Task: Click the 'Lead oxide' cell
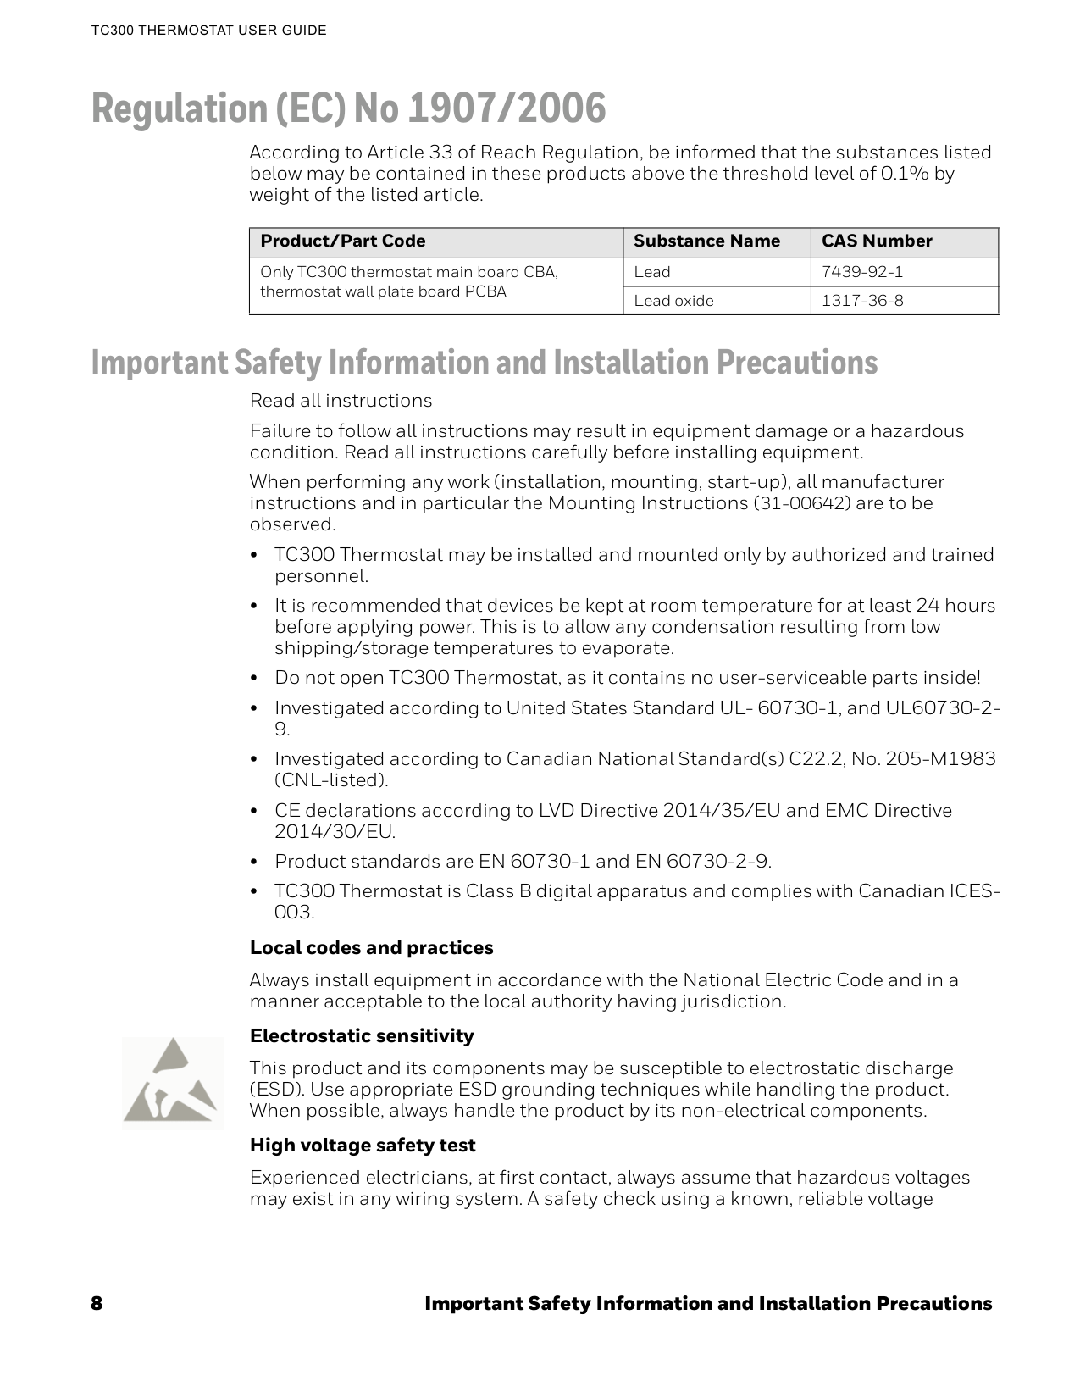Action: click(673, 301)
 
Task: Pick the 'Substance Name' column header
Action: click(706, 241)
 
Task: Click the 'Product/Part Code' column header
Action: click(342, 241)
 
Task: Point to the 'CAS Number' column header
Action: click(877, 241)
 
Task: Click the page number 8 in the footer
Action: click(97, 1303)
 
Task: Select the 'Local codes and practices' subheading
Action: click(371, 948)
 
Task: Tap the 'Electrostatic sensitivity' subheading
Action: click(362, 1036)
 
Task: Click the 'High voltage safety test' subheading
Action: click(362, 1146)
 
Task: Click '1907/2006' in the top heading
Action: click(507, 109)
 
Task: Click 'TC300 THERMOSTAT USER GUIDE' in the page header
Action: click(208, 31)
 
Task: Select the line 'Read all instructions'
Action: click(341, 401)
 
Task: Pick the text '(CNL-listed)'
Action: click(331, 780)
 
